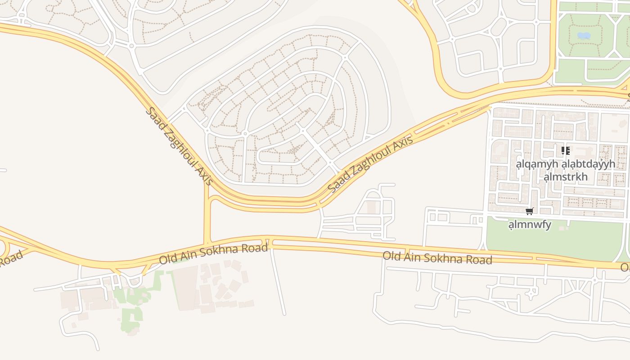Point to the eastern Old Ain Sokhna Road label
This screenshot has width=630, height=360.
[437, 258]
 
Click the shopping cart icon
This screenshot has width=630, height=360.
[530, 211]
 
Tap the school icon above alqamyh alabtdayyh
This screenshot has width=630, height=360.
[566, 150]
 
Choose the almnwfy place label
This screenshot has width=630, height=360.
[530, 224]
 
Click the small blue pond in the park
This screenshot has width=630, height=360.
[583, 35]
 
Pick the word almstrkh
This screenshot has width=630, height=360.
[566, 176]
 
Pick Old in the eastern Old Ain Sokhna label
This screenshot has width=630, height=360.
[392, 256]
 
